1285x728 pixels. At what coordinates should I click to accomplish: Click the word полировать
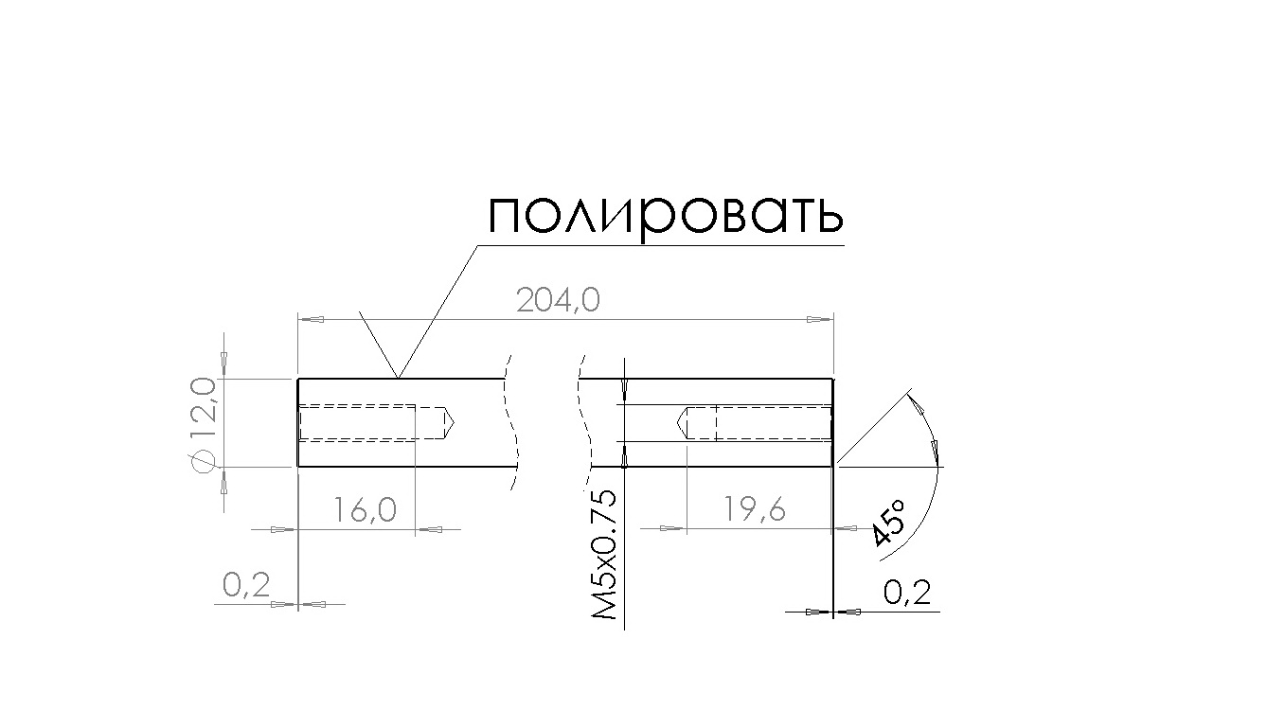pyautogui.click(x=666, y=217)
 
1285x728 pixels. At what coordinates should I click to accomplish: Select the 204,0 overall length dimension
pyautogui.click(x=558, y=300)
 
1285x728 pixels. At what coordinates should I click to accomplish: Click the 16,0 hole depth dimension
pyautogui.click(x=365, y=509)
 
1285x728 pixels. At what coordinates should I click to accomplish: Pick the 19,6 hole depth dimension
pyautogui.click(x=754, y=509)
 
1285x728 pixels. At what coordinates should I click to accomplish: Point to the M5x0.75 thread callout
pyautogui.click(x=603, y=554)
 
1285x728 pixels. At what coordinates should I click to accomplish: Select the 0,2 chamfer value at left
pyautogui.click(x=246, y=586)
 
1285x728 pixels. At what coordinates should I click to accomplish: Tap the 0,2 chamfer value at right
pyautogui.click(x=907, y=593)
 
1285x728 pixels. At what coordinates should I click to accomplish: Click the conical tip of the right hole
pyautogui.click(x=683, y=423)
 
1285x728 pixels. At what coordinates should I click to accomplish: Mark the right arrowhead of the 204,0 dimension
pyautogui.click(x=820, y=319)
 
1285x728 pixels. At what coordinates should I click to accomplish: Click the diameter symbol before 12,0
pyautogui.click(x=202, y=462)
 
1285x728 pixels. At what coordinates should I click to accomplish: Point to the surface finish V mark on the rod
pyautogui.click(x=379, y=345)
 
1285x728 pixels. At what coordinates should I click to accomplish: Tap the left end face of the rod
pyautogui.click(x=297, y=423)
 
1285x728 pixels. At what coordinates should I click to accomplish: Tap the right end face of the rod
pyautogui.click(x=832, y=423)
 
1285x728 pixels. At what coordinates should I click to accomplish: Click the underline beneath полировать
pyautogui.click(x=660, y=245)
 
